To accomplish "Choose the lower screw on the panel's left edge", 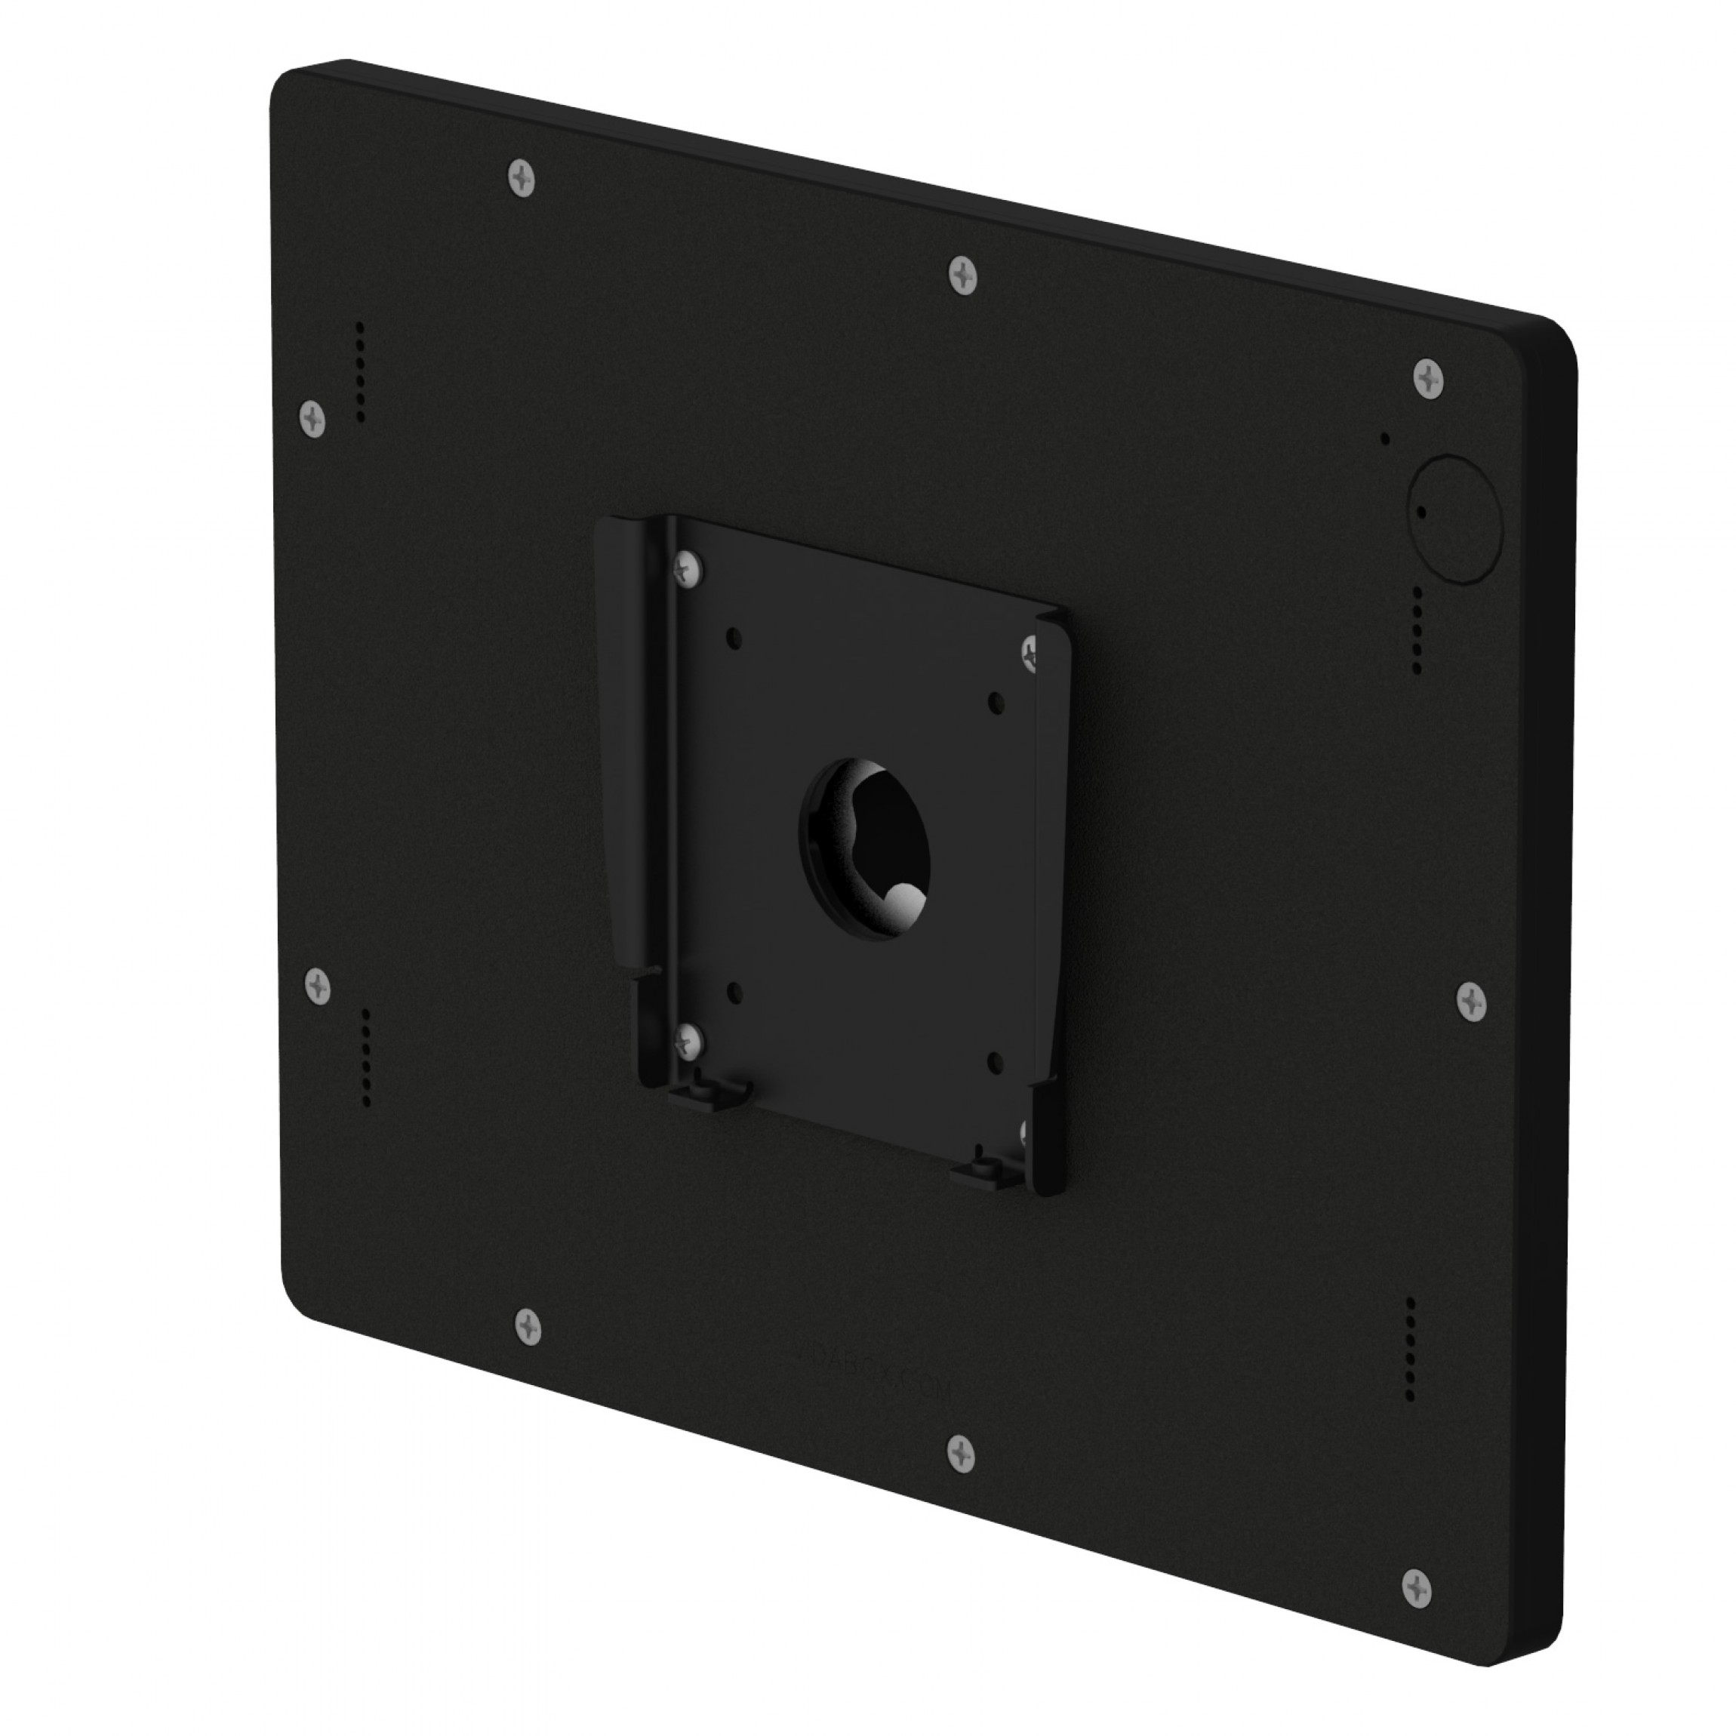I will (318, 987).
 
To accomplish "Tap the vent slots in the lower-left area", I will (366, 1057).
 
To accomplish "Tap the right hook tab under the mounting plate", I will (986, 1171).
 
